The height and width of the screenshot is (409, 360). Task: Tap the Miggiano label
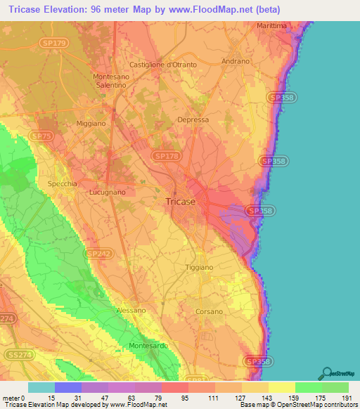91,124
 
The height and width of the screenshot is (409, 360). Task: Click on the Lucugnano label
108,191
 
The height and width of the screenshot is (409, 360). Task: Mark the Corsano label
208,311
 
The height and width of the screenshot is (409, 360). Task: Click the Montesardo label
148,346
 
